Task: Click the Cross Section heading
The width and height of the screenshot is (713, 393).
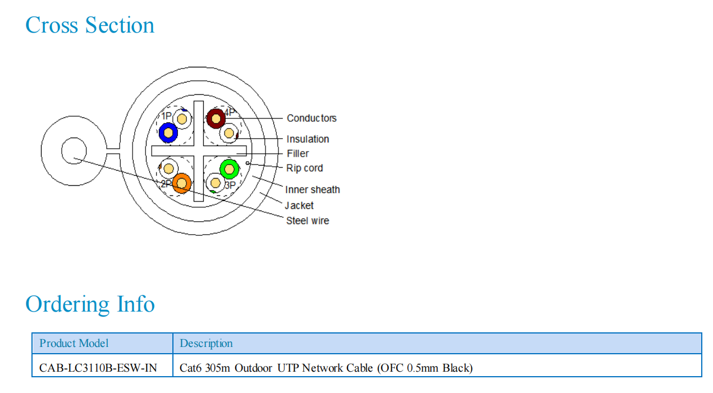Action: [x=90, y=25]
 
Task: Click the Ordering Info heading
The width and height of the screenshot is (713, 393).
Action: [x=90, y=304]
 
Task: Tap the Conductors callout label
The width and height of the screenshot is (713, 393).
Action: [x=312, y=118]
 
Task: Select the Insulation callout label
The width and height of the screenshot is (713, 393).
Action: [x=308, y=139]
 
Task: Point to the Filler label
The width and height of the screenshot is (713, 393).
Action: [x=298, y=153]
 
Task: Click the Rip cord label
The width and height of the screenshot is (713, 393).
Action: [x=304, y=168]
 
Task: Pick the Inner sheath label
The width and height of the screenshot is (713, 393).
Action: [x=312, y=190]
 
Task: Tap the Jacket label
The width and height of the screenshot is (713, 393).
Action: [x=299, y=205]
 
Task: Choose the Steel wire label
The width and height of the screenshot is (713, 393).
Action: [x=308, y=221]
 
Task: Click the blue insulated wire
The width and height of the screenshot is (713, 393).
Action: [x=168, y=132]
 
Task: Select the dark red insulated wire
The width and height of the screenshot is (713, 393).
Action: [x=216, y=118]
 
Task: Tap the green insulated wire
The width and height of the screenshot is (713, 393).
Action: [x=230, y=168]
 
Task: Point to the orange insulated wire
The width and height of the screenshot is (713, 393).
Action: [x=181, y=183]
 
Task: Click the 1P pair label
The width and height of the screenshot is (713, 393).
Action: [x=166, y=116]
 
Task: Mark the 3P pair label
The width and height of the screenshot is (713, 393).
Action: [x=230, y=185]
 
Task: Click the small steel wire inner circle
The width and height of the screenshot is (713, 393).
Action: [x=74, y=152]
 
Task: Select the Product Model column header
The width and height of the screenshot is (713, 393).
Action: [x=74, y=343]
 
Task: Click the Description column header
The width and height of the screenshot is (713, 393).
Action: [x=206, y=343]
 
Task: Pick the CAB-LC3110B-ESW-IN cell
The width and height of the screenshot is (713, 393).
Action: [x=98, y=368]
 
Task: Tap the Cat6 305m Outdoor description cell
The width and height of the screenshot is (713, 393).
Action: [x=326, y=368]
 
